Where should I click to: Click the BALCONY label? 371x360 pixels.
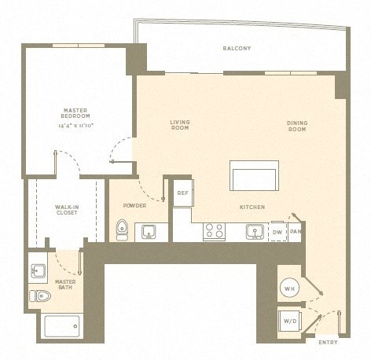point(237,49)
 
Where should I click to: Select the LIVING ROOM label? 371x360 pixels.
point(181,125)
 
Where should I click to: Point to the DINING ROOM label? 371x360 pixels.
point(296,125)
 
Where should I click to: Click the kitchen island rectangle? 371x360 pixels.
point(254,176)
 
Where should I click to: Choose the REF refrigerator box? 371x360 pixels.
point(182,193)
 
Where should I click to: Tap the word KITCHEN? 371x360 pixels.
point(252,207)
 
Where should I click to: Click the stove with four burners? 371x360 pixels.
point(214,231)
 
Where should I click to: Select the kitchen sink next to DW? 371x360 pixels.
point(254,231)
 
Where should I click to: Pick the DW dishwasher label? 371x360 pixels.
point(277,232)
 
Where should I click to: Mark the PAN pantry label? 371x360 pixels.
point(296,232)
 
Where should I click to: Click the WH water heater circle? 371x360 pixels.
point(289,288)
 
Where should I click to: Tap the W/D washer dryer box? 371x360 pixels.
point(290,321)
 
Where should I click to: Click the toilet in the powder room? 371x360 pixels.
point(122,230)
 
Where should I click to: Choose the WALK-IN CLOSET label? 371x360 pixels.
point(66,210)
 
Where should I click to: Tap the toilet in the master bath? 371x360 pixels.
point(40,296)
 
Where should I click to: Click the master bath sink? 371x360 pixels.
point(39,270)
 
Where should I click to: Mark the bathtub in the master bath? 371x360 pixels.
point(61,325)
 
